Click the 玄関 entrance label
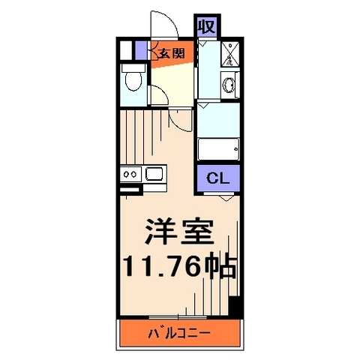pyautogui.click(x=171, y=52)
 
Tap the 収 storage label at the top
pyautogui.click(x=206, y=27)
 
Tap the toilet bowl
pyautogui.click(x=134, y=79)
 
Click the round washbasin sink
pyautogui.click(x=229, y=85)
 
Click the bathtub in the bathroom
pyautogui.click(x=217, y=148)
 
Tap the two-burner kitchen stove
pyautogui.click(x=130, y=175)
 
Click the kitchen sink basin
pyautogui.click(x=156, y=175)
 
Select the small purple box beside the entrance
pyautogui.click(x=139, y=50)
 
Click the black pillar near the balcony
pyautogui.click(x=233, y=308)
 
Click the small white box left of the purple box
pyautogui.click(x=127, y=50)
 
